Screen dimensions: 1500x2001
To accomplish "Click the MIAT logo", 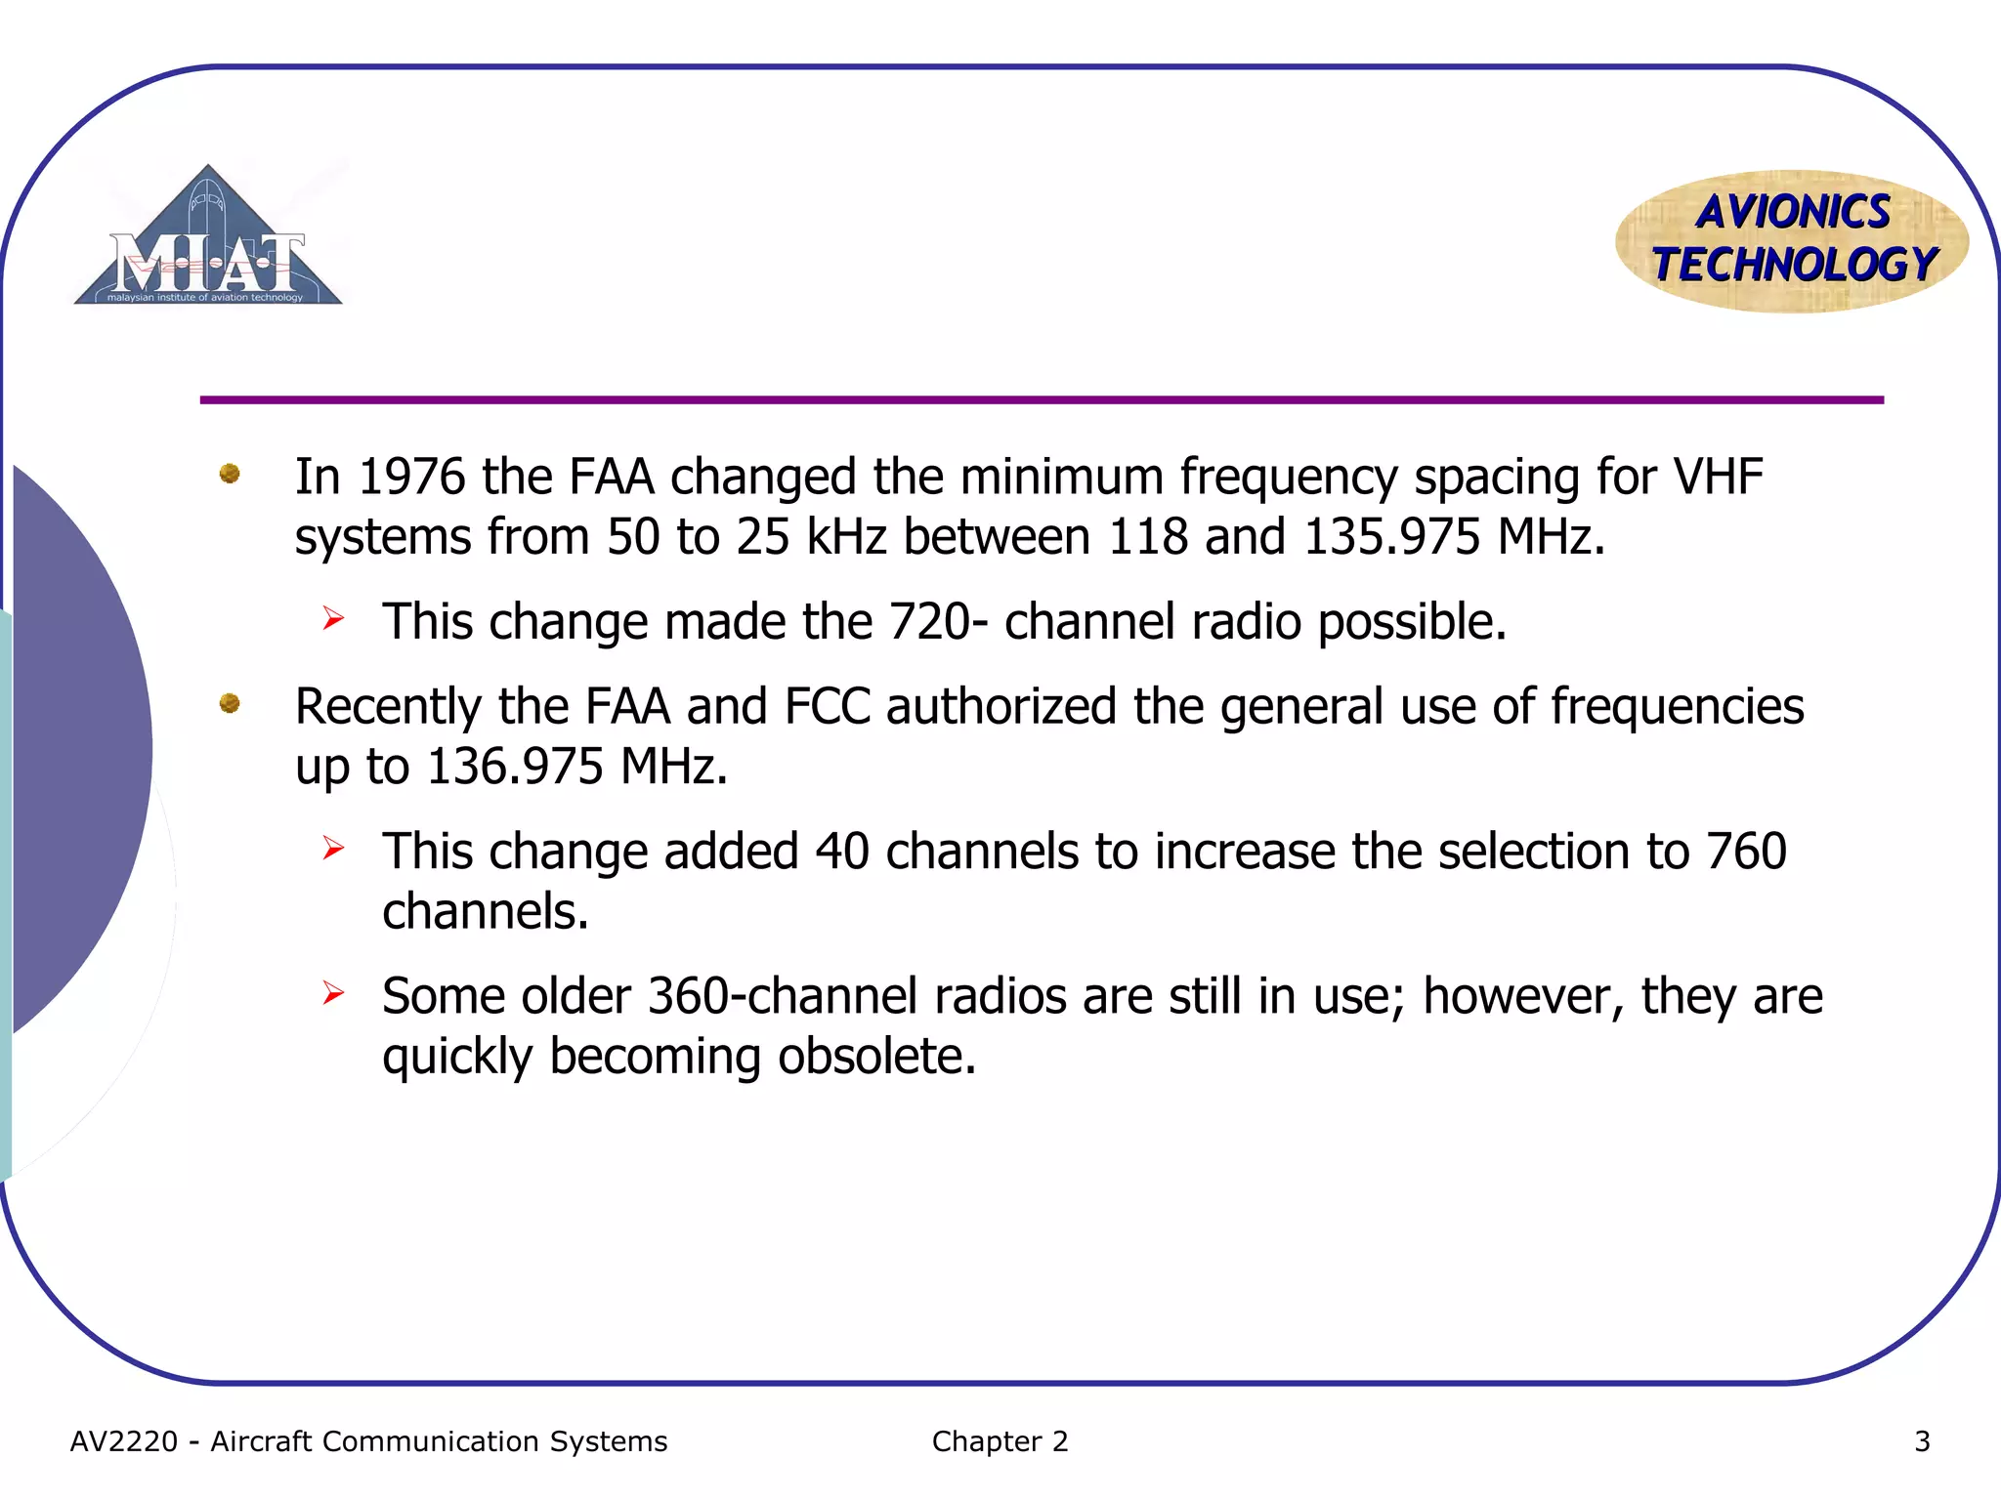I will click(208, 239).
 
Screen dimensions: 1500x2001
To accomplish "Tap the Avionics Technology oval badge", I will click(1792, 240).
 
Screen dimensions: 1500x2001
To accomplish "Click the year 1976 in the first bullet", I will click(411, 477).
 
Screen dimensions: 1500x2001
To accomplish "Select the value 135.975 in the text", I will click(1391, 537).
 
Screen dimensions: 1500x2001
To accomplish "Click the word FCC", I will click(827, 706).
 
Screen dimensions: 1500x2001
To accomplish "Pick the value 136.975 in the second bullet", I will click(515, 767).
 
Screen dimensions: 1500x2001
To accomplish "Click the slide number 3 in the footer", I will click(1922, 1441).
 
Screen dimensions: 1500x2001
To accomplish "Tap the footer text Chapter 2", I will click(1000, 1441).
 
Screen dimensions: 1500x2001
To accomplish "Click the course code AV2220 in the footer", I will click(124, 1441).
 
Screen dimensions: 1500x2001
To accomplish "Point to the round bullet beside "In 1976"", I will click(230, 474).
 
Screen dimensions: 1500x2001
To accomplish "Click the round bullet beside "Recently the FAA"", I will click(230, 703).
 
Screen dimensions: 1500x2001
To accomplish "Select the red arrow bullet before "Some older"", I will click(333, 993).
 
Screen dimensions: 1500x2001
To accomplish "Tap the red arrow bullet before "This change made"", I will click(333, 618).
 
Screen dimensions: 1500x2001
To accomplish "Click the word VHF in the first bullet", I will click(1718, 477).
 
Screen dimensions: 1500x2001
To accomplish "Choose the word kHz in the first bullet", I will click(846, 537).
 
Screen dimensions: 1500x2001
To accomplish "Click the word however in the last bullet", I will click(1522, 996).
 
